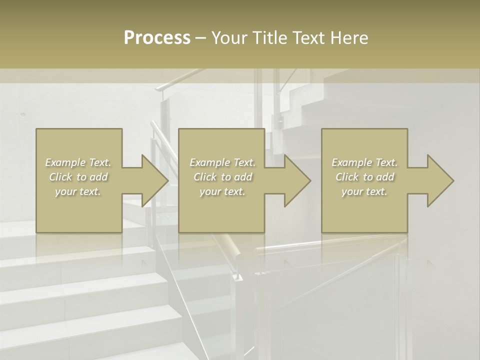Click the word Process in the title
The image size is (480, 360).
click(x=157, y=38)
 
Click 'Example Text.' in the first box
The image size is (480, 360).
click(x=78, y=162)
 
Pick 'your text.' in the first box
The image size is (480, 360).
click(x=78, y=191)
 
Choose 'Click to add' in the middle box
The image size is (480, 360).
click(x=222, y=177)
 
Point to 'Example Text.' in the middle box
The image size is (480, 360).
click(x=222, y=162)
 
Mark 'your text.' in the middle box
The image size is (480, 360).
click(x=222, y=191)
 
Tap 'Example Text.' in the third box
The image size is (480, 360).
click(x=364, y=162)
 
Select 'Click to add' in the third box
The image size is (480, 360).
click(x=364, y=177)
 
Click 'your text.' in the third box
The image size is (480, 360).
click(x=364, y=191)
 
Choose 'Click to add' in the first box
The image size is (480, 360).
click(x=78, y=177)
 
